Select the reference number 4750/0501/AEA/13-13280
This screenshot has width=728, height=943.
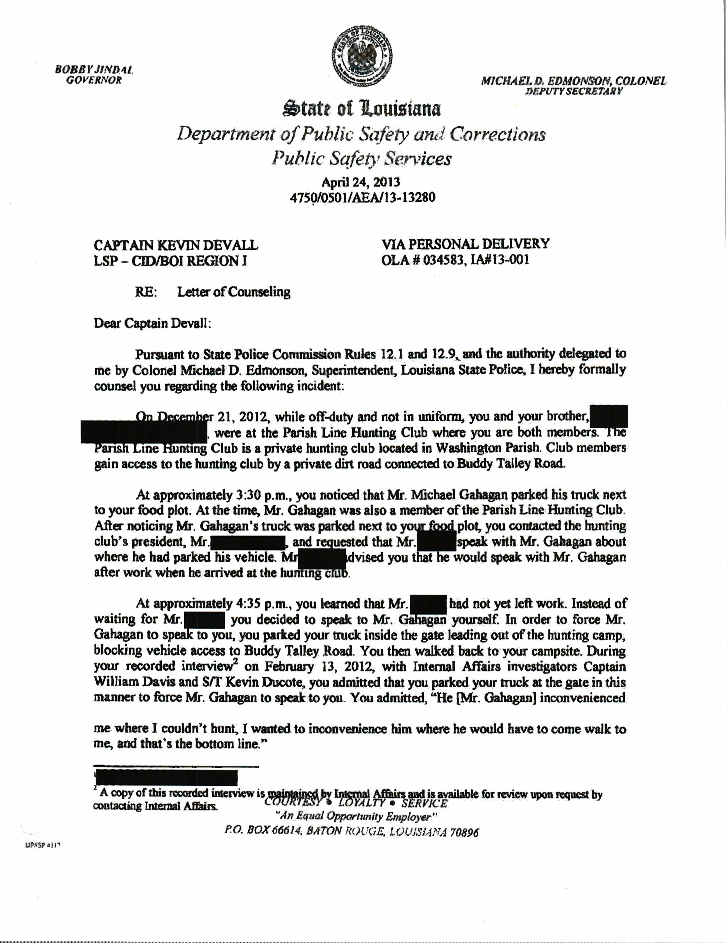[x=363, y=197]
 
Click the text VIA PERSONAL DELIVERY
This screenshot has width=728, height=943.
[x=465, y=244]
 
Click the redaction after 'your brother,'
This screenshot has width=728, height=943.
[x=609, y=416]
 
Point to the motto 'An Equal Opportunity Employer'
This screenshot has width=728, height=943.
[x=359, y=817]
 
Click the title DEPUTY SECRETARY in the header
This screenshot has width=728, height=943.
[x=574, y=91]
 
